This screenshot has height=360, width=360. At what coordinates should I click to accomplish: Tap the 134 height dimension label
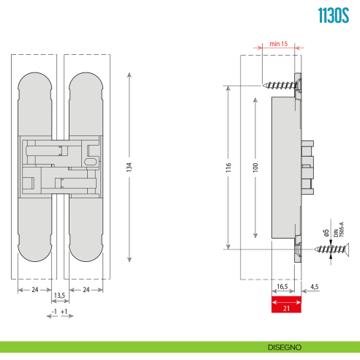pos(130,165)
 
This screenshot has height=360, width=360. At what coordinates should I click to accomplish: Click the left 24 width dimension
pos(34,289)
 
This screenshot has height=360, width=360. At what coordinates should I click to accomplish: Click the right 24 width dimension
pos(87,289)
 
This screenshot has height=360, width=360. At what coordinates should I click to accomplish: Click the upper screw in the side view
pos(280,85)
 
